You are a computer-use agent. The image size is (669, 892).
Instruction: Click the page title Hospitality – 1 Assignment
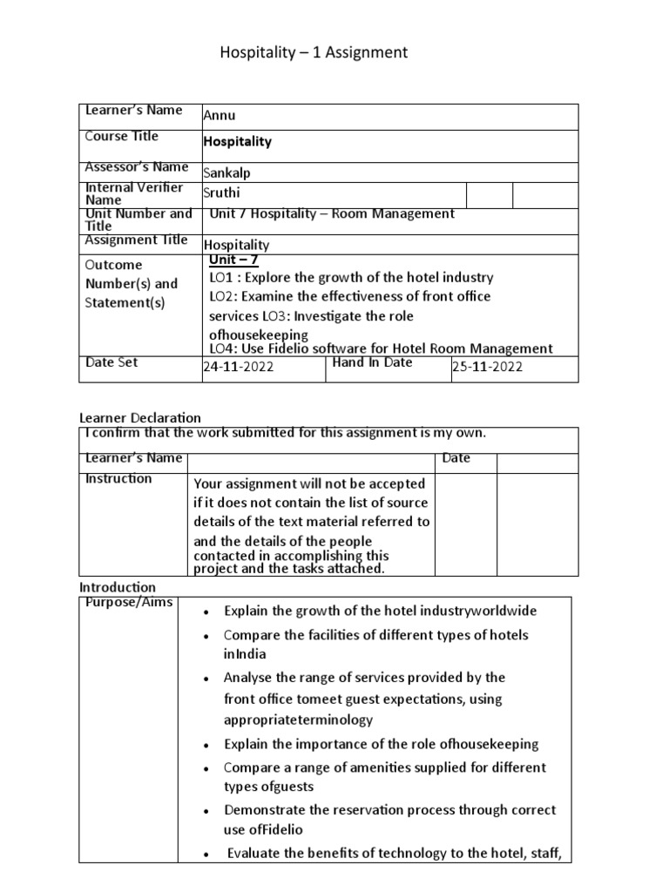click(313, 54)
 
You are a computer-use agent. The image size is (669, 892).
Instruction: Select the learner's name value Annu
click(219, 116)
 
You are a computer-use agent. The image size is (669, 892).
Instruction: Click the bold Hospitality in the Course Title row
click(237, 141)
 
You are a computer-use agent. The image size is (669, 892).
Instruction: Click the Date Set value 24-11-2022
click(238, 367)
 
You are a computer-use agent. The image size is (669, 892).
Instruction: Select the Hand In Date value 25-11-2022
click(487, 367)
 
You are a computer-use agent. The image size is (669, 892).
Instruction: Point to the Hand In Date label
click(373, 362)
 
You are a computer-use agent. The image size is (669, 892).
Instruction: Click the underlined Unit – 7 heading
click(234, 260)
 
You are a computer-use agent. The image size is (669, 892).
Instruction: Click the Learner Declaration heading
click(140, 418)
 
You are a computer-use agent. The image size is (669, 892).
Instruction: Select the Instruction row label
click(118, 478)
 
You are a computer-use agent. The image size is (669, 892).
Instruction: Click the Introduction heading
click(118, 587)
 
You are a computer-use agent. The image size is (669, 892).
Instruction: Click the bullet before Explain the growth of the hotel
click(204, 612)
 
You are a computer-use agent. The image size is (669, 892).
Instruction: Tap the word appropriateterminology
click(298, 720)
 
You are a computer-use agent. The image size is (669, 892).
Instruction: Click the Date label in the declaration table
click(456, 458)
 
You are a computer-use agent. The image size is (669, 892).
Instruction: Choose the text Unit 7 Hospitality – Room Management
click(332, 213)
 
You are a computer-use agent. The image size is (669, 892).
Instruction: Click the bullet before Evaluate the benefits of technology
click(204, 855)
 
